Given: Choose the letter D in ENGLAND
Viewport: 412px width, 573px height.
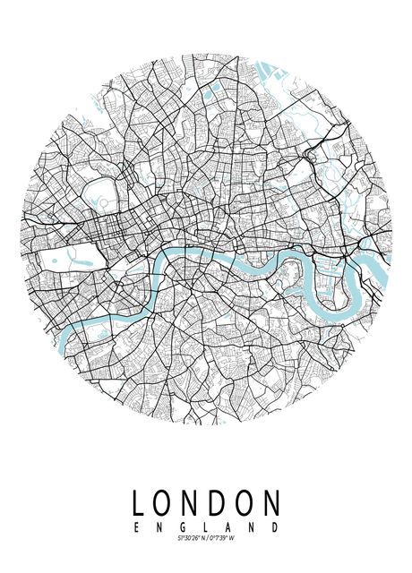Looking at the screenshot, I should (277, 526).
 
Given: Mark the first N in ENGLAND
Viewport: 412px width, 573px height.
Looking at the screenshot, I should (159, 526).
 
